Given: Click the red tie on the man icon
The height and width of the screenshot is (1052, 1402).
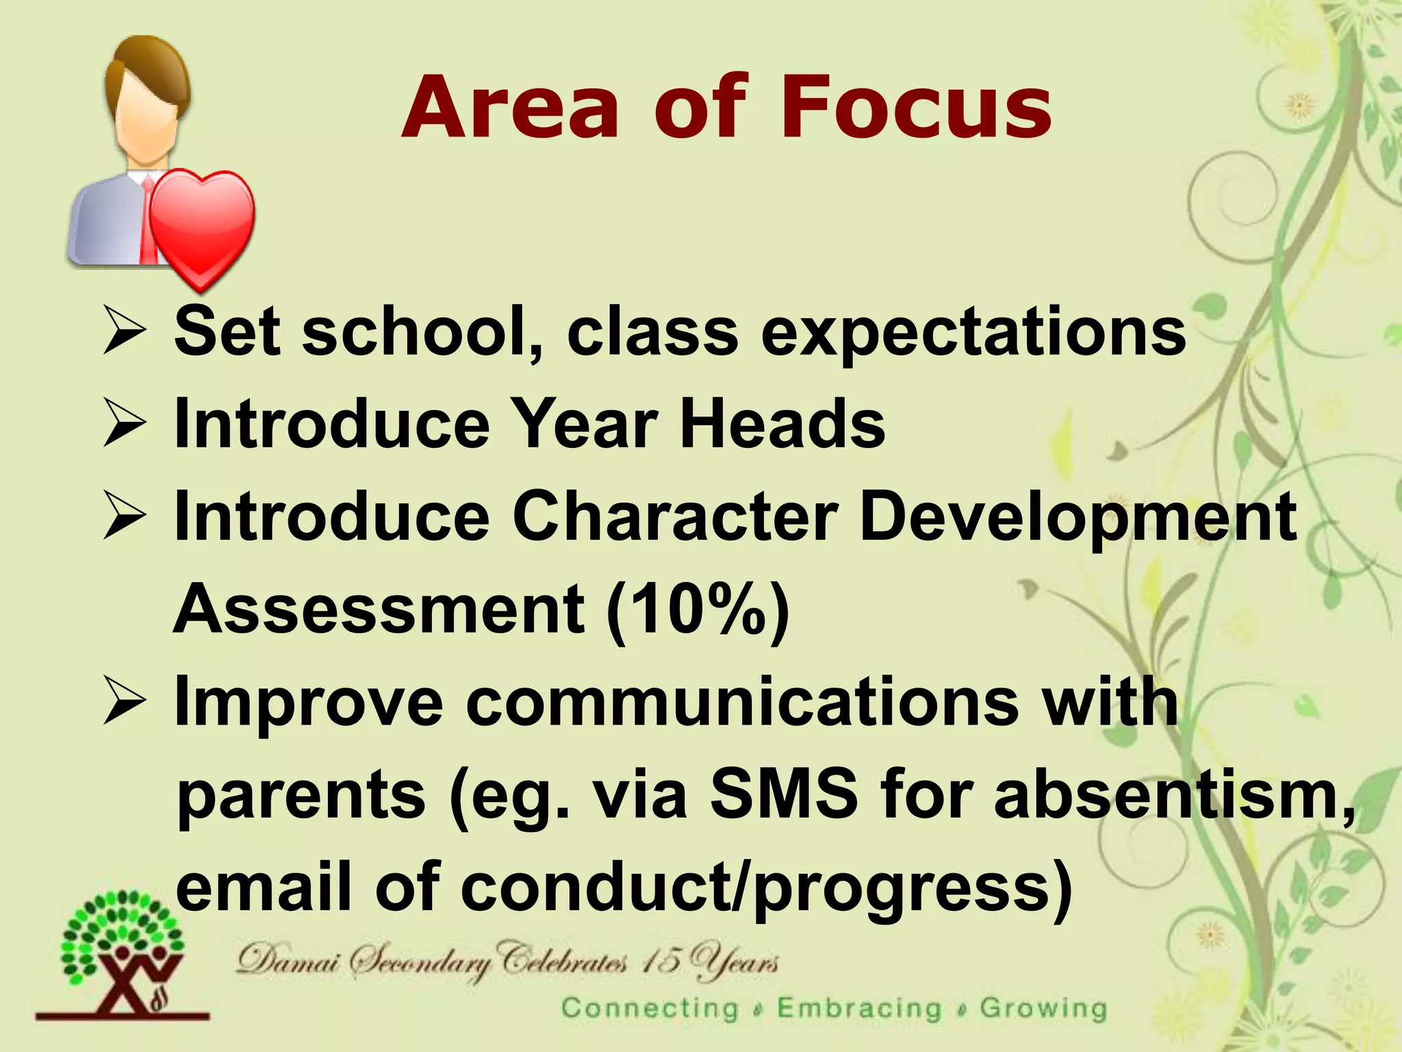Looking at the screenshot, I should [146, 219].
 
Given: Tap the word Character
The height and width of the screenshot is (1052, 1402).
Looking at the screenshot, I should [675, 517].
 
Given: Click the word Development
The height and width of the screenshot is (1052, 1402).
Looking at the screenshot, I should [1078, 517].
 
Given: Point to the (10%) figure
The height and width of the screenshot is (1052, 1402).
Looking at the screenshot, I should [698, 610].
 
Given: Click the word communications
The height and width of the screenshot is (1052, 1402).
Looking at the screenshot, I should [743, 703].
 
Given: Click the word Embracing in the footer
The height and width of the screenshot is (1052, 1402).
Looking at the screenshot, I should [859, 1009].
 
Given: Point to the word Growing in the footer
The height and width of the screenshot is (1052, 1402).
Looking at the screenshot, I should [1043, 1009].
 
